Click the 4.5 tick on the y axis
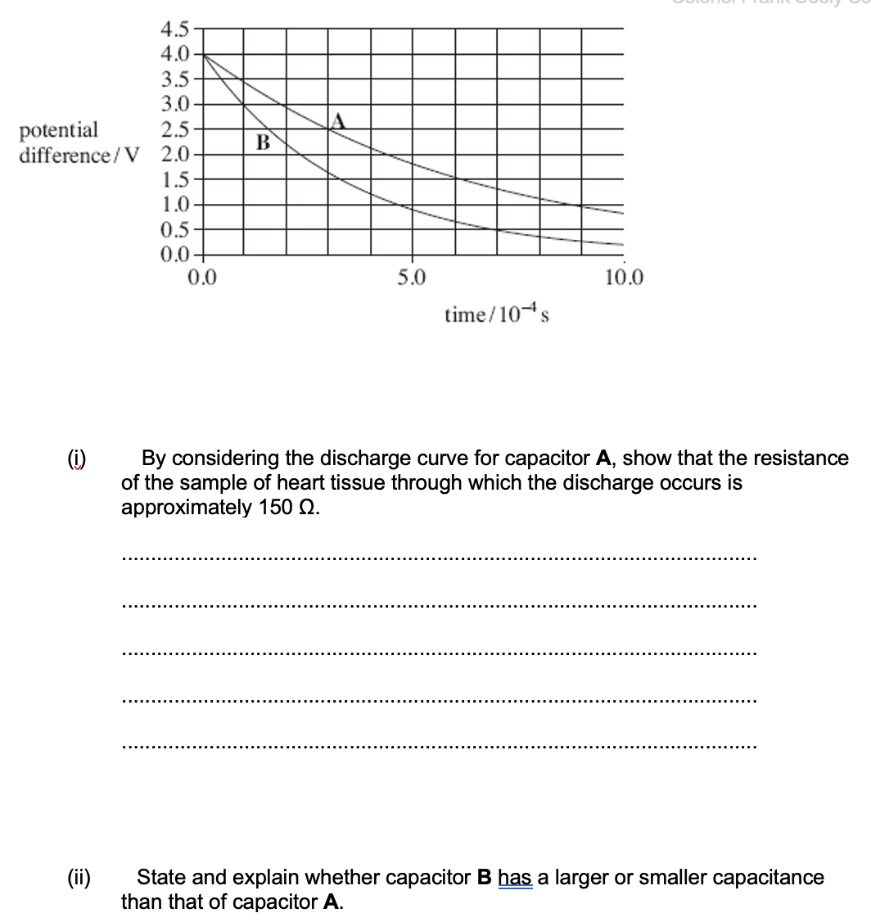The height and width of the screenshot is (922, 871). (x=175, y=30)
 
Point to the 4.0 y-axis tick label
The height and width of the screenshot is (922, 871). (x=175, y=55)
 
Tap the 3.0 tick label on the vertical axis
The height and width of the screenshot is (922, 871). (x=175, y=104)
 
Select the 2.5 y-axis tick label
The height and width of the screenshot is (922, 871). (x=175, y=129)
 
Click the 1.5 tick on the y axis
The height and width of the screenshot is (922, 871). (x=175, y=180)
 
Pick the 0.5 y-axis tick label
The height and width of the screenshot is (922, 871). (x=175, y=230)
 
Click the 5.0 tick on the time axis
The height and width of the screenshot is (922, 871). (x=412, y=278)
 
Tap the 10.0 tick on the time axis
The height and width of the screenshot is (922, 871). (x=625, y=278)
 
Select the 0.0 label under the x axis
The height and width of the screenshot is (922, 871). (x=202, y=278)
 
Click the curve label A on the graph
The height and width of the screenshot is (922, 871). (x=338, y=122)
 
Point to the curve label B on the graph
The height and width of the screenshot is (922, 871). (x=263, y=143)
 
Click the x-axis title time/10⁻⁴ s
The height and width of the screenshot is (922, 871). (x=496, y=314)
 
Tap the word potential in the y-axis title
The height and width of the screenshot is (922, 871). (x=58, y=129)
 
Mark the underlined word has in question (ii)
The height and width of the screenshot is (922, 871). (x=516, y=878)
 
